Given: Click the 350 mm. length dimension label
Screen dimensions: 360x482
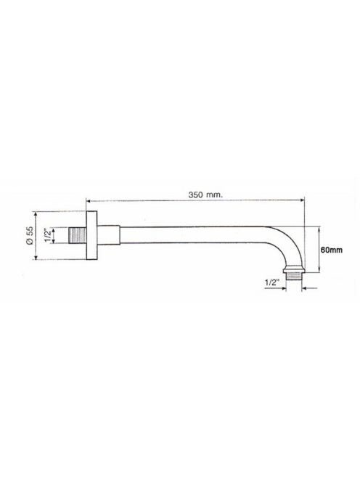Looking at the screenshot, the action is pyautogui.click(x=205, y=195).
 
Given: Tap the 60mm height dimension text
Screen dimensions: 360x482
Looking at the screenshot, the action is pyautogui.click(x=332, y=250).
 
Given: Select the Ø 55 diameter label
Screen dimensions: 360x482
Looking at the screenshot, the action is pyautogui.click(x=30, y=235).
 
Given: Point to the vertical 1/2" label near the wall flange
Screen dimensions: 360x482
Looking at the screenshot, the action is pyautogui.click(x=47, y=235).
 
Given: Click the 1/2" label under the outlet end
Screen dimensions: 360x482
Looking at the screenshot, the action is pyautogui.click(x=271, y=283).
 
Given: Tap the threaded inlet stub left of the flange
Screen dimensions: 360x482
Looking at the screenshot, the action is pyautogui.click(x=77, y=235).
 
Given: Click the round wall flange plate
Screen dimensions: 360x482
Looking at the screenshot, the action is pyautogui.click(x=91, y=235).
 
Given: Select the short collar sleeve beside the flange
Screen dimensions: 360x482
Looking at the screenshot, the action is pyautogui.click(x=108, y=235).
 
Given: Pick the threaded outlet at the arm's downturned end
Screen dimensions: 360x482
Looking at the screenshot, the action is pyautogui.click(x=294, y=276).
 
